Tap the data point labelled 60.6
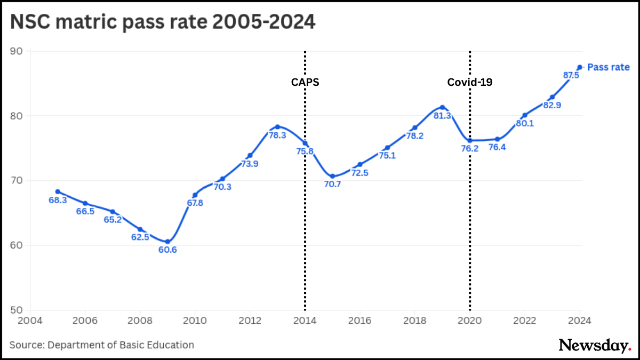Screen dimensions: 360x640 click(167, 242)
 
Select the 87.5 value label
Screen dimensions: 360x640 click(571, 76)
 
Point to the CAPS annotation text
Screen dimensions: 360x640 click(305, 82)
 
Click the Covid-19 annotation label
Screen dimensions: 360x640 click(469, 82)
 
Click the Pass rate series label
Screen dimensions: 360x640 click(609, 67)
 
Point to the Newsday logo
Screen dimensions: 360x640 click(595, 345)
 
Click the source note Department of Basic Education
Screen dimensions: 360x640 click(102, 345)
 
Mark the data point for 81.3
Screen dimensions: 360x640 click(442, 107)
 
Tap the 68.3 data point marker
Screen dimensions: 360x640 click(58, 191)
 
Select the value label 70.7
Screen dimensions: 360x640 click(332, 185)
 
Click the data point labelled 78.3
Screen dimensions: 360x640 click(277, 126)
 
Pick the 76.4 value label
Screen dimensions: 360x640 click(497, 147)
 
